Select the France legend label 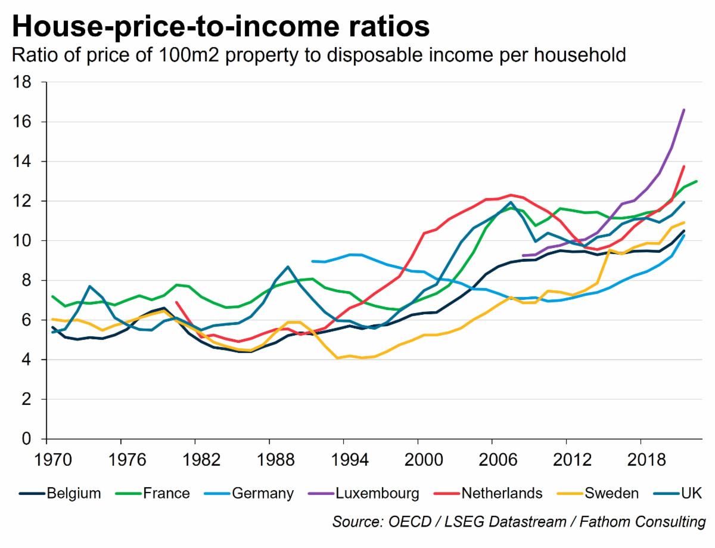point(166,493)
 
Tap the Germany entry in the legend point(263,493)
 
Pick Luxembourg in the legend point(377,493)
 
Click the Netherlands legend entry point(502,493)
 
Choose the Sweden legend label point(611,493)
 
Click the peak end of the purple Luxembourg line point(683,110)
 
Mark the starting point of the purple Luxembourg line point(522,256)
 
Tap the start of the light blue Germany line point(312,261)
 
